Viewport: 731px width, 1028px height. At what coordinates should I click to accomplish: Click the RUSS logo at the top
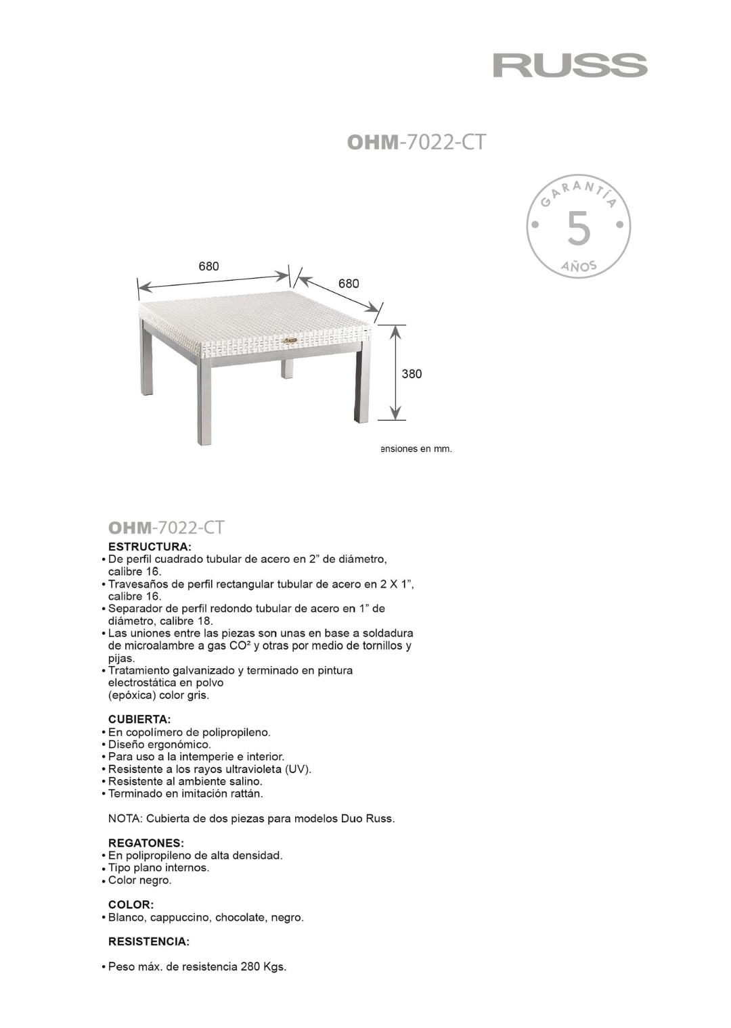pos(570,66)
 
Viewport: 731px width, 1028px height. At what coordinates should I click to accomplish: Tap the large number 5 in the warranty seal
pos(578,229)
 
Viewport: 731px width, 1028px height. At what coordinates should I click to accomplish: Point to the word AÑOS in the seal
pos(578,267)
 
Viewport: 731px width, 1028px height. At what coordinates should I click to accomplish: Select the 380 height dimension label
pos(412,373)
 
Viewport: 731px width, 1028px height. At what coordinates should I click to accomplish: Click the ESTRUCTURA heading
pos(150,546)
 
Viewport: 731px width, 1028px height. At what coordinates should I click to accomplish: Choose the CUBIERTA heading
pos(139,718)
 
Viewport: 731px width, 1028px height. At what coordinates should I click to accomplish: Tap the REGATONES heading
pos(146,843)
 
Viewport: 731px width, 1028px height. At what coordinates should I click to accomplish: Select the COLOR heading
pos(131,904)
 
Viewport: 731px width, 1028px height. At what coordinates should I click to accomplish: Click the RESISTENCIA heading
pos(149,941)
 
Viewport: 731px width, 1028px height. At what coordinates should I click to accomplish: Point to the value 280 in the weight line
pos(248,967)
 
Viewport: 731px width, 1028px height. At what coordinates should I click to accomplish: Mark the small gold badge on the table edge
pos(291,340)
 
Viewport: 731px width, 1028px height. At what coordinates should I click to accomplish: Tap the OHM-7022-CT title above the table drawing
pos(416,142)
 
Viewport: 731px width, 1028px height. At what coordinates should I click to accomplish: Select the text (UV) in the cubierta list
pos(298,769)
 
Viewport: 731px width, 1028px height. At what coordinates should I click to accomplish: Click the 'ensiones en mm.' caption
pos(416,448)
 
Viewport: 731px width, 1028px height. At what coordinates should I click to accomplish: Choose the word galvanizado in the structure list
pos(194,670)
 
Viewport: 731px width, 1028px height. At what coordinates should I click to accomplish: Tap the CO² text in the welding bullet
pos(240,646)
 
